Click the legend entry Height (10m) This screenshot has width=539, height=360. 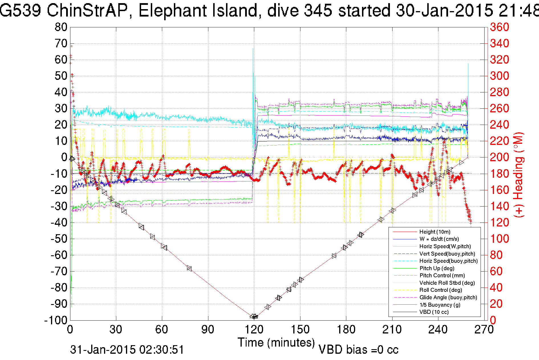(x=435, y=232)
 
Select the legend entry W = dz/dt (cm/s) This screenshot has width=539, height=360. (x=439, y=239)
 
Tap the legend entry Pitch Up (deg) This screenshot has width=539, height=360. (x=437, y=268)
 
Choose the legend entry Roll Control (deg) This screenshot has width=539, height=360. (x=441, y=290)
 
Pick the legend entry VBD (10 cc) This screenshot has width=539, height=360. (x=434, y=312)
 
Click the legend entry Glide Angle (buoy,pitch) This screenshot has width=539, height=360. (x=448, y=298)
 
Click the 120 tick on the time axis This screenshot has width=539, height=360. (x=254, y=330)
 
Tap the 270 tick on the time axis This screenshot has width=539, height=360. (x=484, y=330)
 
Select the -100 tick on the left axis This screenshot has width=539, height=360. (x=56, y=320)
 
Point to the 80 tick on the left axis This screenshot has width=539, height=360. (x=61, y=27)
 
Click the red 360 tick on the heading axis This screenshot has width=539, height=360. (x=499, y=27)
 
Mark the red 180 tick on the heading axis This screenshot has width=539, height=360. (x=499, y=173)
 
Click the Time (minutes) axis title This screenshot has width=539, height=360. (x=276, y=342)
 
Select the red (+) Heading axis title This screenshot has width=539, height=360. (x=519, y=175)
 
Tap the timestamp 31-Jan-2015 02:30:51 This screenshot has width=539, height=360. (x=127, y=350)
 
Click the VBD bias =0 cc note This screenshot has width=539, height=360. (x=358, y=350)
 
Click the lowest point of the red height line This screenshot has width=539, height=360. (x=254, y=317)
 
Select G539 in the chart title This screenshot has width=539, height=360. (x=21, y=11)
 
